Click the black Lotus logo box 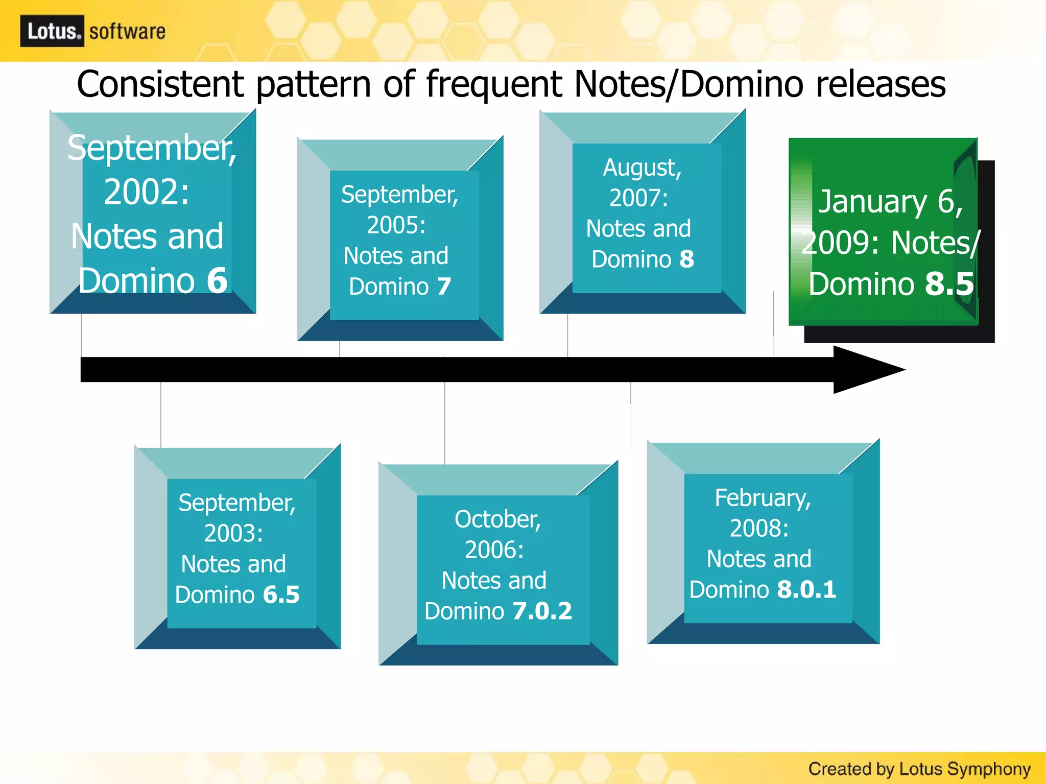tap(52, 31)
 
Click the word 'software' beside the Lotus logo tap(127, 32)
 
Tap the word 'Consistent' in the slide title tap(160, 84)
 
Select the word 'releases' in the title tap(880, 84)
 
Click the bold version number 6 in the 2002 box tap(217, 280)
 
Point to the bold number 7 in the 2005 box tap(444, 287)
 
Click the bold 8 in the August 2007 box tap(686, 259)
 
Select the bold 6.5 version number tap(281, 595)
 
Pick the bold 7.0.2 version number tap(542, 611)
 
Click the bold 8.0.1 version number tap(806, 590)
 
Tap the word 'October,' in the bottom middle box tap(497, 519)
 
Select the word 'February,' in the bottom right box tap(763, 498)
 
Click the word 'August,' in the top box tap(642, 168)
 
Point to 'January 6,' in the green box tap(891, 202)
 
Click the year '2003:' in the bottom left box tap(233, 534)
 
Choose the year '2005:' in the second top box tap(396, 225)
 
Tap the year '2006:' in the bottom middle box tap(494, 550)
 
